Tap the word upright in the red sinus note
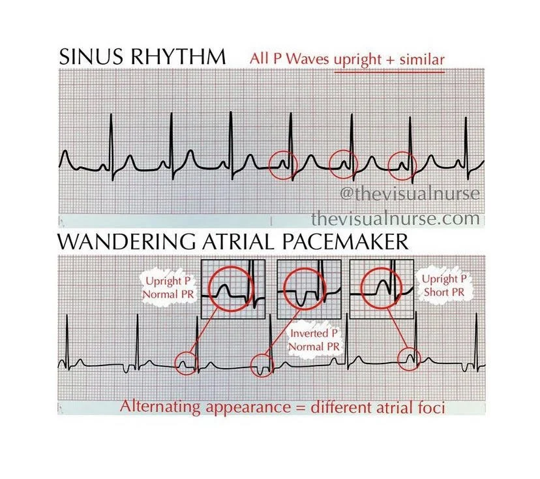[x=359, y=59]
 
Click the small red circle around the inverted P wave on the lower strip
[x=263, y=365]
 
